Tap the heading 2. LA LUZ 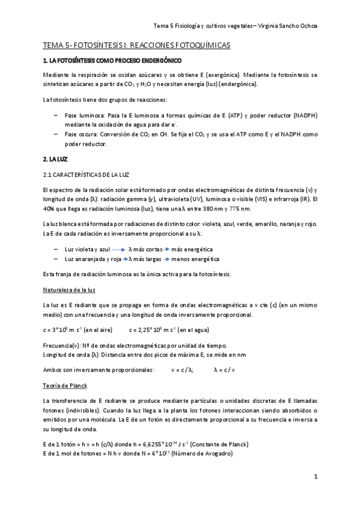coord(55,159)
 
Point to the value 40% coord(49,208)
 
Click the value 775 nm coord(239,208)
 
